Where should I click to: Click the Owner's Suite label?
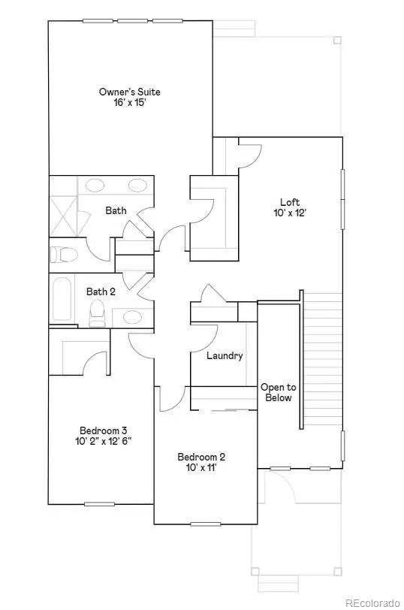[129, 92]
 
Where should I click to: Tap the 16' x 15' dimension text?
[130, 103]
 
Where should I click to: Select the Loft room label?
[290, 202]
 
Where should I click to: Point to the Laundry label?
[225, 355]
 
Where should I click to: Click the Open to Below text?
[279, 393]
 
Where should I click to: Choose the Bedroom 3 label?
[103, 430]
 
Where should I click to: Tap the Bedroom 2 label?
[201, 457]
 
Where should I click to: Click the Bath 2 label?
[101, 291]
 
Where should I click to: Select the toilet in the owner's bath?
[64, 255]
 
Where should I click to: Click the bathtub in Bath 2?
[62, 299]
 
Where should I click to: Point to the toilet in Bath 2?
[97, 313]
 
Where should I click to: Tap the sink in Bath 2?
[132, 317]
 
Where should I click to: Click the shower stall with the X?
[63, 216]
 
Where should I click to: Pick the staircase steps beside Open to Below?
[323, 361]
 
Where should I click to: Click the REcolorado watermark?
[372, 603]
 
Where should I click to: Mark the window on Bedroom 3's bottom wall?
[100, 504]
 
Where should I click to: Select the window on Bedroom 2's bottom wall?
[206, 524]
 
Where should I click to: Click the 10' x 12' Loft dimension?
[290, 213]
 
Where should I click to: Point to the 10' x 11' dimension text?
[201, 467]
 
